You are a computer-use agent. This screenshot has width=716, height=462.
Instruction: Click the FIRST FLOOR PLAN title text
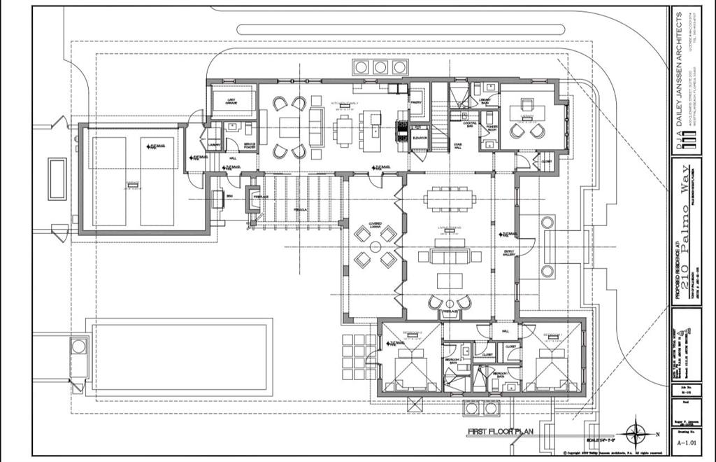pos(501,431)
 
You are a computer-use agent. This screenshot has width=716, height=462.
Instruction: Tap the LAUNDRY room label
pos(214,146)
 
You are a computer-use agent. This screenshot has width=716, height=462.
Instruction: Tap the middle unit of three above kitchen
pos(380,67)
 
